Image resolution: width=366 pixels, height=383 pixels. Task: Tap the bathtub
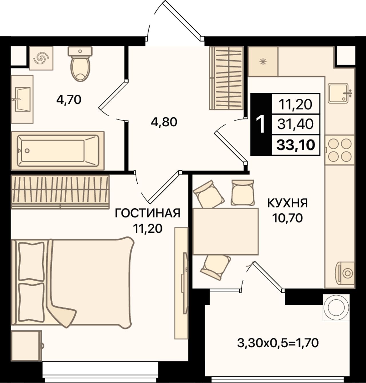pos(58,151)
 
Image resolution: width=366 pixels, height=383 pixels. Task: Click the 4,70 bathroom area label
pos(69,99)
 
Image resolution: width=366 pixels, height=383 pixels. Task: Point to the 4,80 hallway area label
pos(164,122)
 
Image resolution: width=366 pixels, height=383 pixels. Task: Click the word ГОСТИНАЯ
pos(148,213)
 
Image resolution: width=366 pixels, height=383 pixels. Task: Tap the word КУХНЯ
pos(287,203)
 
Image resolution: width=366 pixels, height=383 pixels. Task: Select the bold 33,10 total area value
pos(296,145)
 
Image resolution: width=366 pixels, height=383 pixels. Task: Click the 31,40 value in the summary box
pos(296,124)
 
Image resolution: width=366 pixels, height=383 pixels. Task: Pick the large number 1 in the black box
pos(261,124)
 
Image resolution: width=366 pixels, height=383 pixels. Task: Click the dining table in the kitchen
pos(225,231)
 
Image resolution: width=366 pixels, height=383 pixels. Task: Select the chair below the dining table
pos(216,267)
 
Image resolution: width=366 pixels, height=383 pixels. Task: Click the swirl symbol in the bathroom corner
pos(41,58)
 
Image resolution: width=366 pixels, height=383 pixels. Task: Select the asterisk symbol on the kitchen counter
pos(263,62)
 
